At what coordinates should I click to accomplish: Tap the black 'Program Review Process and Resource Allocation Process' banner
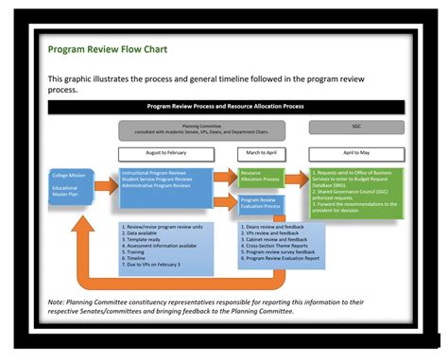pos(226,108)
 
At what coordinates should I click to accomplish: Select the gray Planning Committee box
pos(201,129)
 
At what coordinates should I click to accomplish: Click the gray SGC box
pos(355,127)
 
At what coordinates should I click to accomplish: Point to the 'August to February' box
pos(165,152)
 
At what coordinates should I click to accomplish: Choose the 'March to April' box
pos(261,152)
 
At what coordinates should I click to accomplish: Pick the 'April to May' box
pos(355,152)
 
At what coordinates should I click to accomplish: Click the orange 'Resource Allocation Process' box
pos(260,177)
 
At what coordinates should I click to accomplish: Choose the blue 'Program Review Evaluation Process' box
pos(260,203)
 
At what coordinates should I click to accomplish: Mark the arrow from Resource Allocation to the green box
pos(296,176)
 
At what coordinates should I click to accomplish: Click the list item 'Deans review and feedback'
pos(273,228)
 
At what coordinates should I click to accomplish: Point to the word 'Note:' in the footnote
pos(57,302)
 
